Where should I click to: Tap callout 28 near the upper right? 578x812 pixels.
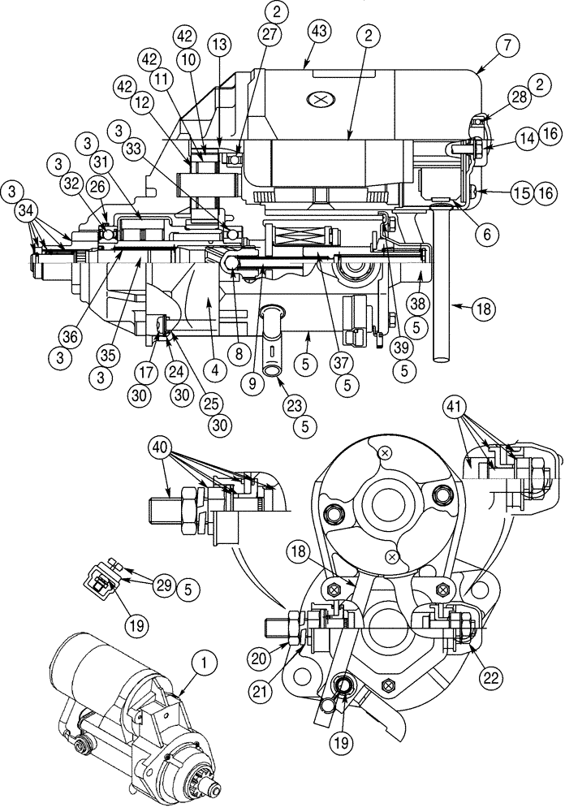(x=519, y=98)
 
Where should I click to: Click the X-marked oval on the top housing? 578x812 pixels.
(x=318, y=98)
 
